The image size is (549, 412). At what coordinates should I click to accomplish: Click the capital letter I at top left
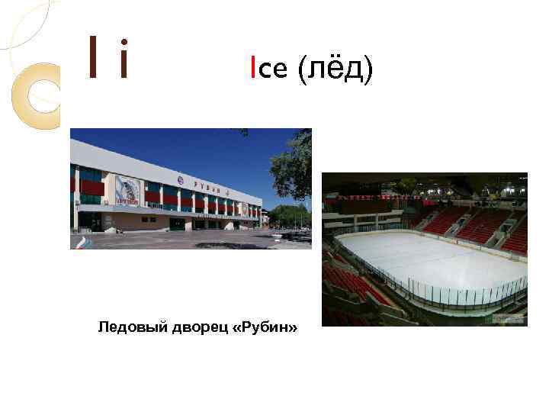[92, 59]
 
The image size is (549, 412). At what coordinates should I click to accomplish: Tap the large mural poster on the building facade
[127, 190]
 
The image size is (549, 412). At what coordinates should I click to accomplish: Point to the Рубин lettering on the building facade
[206, 185]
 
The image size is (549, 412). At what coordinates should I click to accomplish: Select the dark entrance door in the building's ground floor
[90, 220]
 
